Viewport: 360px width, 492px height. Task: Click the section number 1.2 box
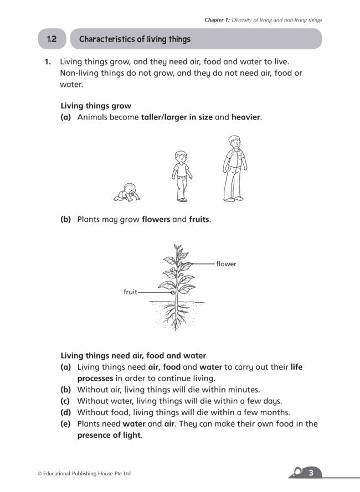click(52, 39)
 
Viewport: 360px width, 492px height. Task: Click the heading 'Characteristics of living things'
click(135, 39)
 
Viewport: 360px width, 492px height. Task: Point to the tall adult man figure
click(234, 168)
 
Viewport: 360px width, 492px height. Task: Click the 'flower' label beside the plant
click(226, 264)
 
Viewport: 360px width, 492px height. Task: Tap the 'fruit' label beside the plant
click(130, 292)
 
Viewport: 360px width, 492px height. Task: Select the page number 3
click(311, 472)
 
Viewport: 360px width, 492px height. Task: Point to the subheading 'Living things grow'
click(96, 105)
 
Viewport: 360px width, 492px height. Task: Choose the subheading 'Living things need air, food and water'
click(133, 355)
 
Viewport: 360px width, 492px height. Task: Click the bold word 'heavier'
click(246, 117)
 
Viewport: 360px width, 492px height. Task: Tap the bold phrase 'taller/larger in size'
click(177, 117)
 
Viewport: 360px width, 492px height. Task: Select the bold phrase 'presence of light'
click(110, 435)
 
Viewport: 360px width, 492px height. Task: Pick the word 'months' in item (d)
click(275, 412)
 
